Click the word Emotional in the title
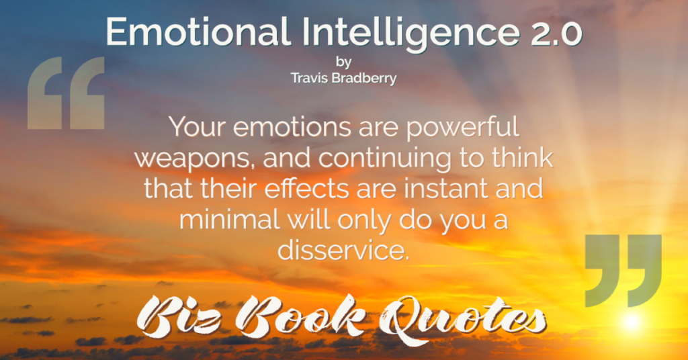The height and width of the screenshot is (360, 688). point(197,32)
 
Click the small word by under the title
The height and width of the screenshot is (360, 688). point(343,62)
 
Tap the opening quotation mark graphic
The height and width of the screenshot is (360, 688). point(66,93)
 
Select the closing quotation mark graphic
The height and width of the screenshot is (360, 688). point(623,271)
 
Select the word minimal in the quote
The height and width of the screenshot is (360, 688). point(230,219)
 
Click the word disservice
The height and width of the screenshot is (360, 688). point(343,249)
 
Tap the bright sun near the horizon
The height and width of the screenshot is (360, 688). point(632,322)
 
